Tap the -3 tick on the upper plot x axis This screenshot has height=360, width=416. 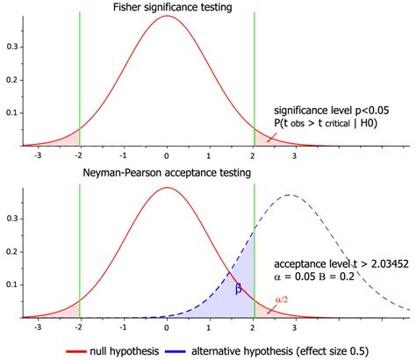[36, 155]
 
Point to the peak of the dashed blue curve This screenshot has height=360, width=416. [290, 195]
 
